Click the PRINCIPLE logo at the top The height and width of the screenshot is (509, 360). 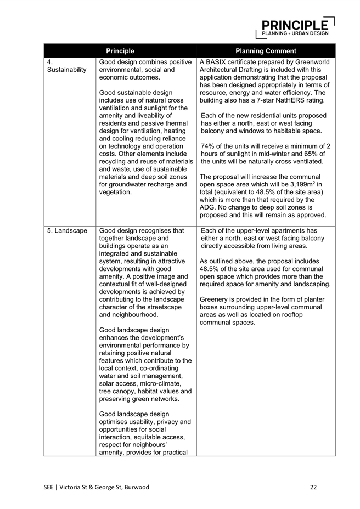tap(295, 26)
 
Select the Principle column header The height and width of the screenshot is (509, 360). tap(120, 51)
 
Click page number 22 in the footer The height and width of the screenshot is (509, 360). tap(313, 487)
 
